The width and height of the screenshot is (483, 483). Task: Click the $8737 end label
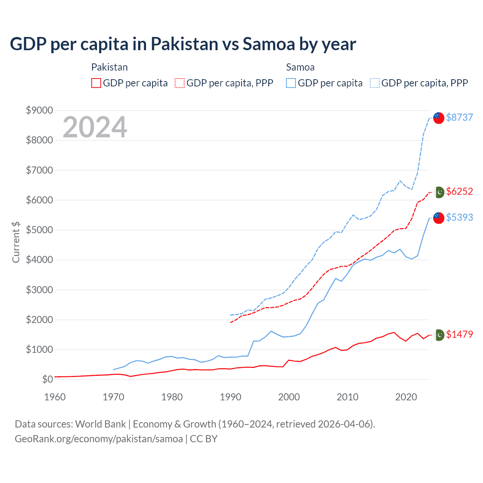[459, 117]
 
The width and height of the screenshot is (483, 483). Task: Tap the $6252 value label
[459, 191]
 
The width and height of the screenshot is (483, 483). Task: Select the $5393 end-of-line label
[459, 217]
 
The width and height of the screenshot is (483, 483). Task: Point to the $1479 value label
[459, 334]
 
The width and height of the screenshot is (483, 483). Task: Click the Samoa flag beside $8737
[438, 118]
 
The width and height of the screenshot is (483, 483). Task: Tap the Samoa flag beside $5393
[438, 218]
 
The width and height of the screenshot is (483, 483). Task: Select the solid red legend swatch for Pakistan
[96, 83]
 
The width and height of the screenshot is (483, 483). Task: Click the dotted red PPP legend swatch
[180, 83]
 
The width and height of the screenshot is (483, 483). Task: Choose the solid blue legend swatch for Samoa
[291, 83]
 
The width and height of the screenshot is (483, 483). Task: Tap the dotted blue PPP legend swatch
[375, 83]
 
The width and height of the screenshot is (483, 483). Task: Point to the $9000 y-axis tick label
[39, 110]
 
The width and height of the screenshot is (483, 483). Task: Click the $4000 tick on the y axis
[39, 260]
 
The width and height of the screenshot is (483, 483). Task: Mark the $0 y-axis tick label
[47, 379]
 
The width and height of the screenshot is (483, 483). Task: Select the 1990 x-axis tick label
[230, 397]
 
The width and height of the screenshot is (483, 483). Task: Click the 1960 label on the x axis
[55, 397]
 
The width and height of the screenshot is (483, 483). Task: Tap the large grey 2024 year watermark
[95, 127]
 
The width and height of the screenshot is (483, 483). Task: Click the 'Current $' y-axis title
[16, 242]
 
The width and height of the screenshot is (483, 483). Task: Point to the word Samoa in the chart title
[268, 44]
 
